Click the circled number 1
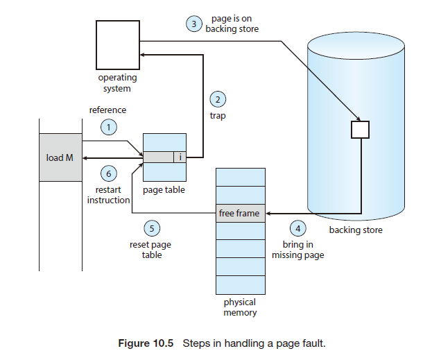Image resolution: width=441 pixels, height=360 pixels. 107,126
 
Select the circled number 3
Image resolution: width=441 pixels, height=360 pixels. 195,24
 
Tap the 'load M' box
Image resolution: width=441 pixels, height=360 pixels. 60,157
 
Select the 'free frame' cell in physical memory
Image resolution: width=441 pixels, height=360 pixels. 239,213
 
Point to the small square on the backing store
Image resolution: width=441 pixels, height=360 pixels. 360,130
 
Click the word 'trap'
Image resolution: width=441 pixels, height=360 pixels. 218,116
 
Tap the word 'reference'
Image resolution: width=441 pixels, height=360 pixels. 108,110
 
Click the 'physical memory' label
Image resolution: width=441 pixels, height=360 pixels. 240,307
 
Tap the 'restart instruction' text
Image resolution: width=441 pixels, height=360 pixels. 108,194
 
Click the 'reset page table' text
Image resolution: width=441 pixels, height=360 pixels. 151,250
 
